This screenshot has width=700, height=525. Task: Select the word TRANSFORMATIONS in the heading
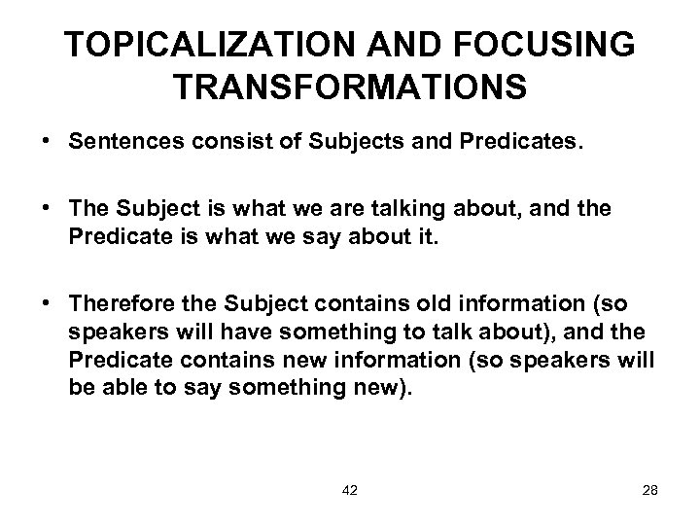pos(351,87)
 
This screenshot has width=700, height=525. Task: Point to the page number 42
pos(350,490)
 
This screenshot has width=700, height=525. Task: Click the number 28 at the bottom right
pos(650,490)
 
